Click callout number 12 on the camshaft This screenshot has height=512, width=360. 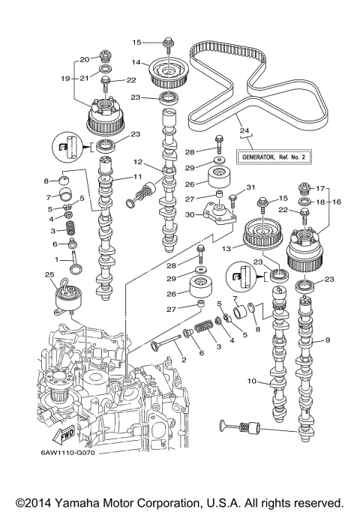(138, 162)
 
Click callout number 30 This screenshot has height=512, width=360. (192, 214)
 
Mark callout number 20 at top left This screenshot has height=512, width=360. (85, 58)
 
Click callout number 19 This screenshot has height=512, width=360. (64, 77)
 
